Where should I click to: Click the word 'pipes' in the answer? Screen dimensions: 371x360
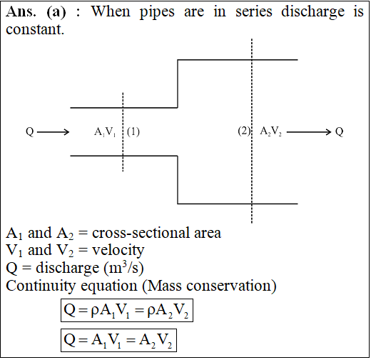pos(157,12)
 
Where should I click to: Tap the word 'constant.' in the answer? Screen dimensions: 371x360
pos(35,30)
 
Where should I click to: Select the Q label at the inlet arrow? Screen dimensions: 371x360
pos(30,132)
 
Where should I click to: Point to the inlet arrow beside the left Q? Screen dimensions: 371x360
pos(53,132)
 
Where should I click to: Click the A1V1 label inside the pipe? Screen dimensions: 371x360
pos(105,132)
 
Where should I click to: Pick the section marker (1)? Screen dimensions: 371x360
pos(133,132)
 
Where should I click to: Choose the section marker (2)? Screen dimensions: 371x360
pos(244,131)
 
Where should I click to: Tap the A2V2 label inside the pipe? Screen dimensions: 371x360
pos(270,131)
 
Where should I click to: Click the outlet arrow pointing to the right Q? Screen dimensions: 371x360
pos(309,132)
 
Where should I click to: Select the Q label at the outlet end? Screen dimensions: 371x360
pos(340,132)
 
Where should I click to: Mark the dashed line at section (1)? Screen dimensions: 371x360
pos(123,132)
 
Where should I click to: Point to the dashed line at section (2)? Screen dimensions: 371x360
pos(252,131)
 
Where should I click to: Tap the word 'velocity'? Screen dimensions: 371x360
pos(118,251)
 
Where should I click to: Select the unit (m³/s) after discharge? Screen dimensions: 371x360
pos(123,268)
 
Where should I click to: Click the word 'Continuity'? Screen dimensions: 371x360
pos(41,286)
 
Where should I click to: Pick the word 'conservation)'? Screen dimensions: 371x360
pos(231,286)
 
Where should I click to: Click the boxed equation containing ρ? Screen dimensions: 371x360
pos(127,311)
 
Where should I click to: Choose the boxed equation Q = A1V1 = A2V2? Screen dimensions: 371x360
pos(118,341)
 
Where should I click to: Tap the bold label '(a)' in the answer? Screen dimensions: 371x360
pos(56,12)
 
